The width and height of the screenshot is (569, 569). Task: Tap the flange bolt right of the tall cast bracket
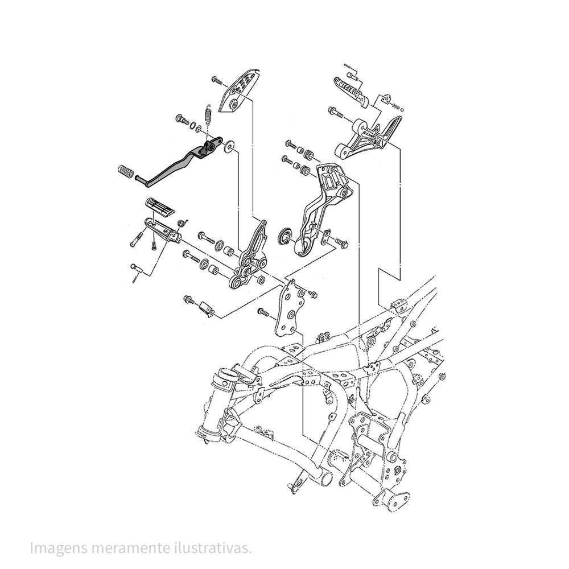point(341,244)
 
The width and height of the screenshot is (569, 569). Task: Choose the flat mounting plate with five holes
point(290,310)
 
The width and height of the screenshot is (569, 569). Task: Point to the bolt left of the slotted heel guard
point(217,80)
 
